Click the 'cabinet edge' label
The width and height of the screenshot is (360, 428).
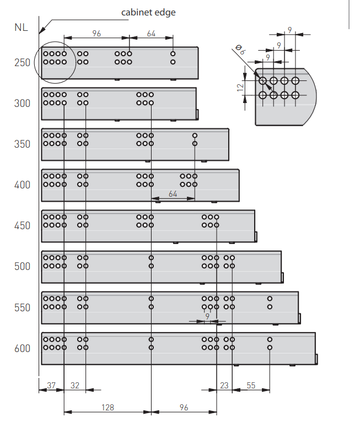click(x=148, y=12)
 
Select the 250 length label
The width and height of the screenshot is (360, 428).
click(x=23, y=63)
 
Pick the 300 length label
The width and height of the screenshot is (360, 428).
click(x=23, y=104)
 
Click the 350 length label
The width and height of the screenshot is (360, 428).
click(x=23, y=144)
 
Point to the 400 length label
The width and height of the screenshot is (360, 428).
click(x=23, y=185)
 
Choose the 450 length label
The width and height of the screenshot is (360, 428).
click(x=23, y=226)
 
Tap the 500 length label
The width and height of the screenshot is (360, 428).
click(x=23, y=267)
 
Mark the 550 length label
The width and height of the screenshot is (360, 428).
click(x=23, y=307)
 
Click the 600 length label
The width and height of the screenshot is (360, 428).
click(x=23, y=348)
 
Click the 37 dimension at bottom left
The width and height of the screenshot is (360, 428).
click(x=51, y=386)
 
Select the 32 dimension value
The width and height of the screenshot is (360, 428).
click(x=75, y=386)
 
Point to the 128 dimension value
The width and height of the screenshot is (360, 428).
click(x=108, y=408)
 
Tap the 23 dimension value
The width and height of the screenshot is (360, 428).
click(x=224, y=386)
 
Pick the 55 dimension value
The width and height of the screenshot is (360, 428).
click(x=251, y=386)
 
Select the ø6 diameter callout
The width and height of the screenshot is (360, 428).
click(x=240, y=51)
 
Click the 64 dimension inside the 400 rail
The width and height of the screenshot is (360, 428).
click(x=173, y=194)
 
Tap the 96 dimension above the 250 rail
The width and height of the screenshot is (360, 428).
click(x=96, y=34)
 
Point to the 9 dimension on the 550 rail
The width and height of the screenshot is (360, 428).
click(x=207, y=316)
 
